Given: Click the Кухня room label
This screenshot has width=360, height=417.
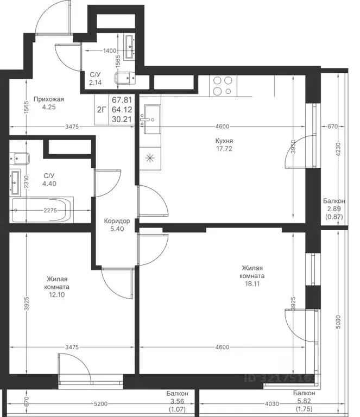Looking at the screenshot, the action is tap(224, 141).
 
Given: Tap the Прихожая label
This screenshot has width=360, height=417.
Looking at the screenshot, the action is tap(49, 99).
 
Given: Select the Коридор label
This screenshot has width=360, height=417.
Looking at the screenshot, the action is tap(117, 221).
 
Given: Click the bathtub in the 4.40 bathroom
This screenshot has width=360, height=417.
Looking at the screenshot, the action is tap(41, 210).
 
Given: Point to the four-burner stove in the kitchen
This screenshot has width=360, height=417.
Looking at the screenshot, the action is tap(223, 86).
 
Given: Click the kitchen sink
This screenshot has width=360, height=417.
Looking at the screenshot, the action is tap(152, 119).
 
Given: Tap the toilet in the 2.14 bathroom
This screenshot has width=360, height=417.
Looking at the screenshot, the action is tap(125, 78).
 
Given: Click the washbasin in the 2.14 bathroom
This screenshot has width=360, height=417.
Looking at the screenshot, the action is tap(130, 46).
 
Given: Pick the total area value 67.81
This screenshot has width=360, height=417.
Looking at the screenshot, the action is tap(122, 100).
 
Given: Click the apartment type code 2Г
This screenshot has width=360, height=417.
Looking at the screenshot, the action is tap(102, 110).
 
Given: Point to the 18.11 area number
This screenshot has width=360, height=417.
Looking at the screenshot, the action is tap(252, 283).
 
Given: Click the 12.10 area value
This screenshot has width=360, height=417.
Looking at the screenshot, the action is tap(56, 295).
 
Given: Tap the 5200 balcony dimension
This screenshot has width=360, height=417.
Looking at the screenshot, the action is tap(101, 404).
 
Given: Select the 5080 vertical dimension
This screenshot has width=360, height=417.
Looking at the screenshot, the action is tap(338, 322).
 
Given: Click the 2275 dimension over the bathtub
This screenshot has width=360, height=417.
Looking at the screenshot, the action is tap(50, 210).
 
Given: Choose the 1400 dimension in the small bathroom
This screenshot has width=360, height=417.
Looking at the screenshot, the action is tap(110, 51).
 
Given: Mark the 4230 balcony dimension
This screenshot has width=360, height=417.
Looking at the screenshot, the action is tap(338, 150).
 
